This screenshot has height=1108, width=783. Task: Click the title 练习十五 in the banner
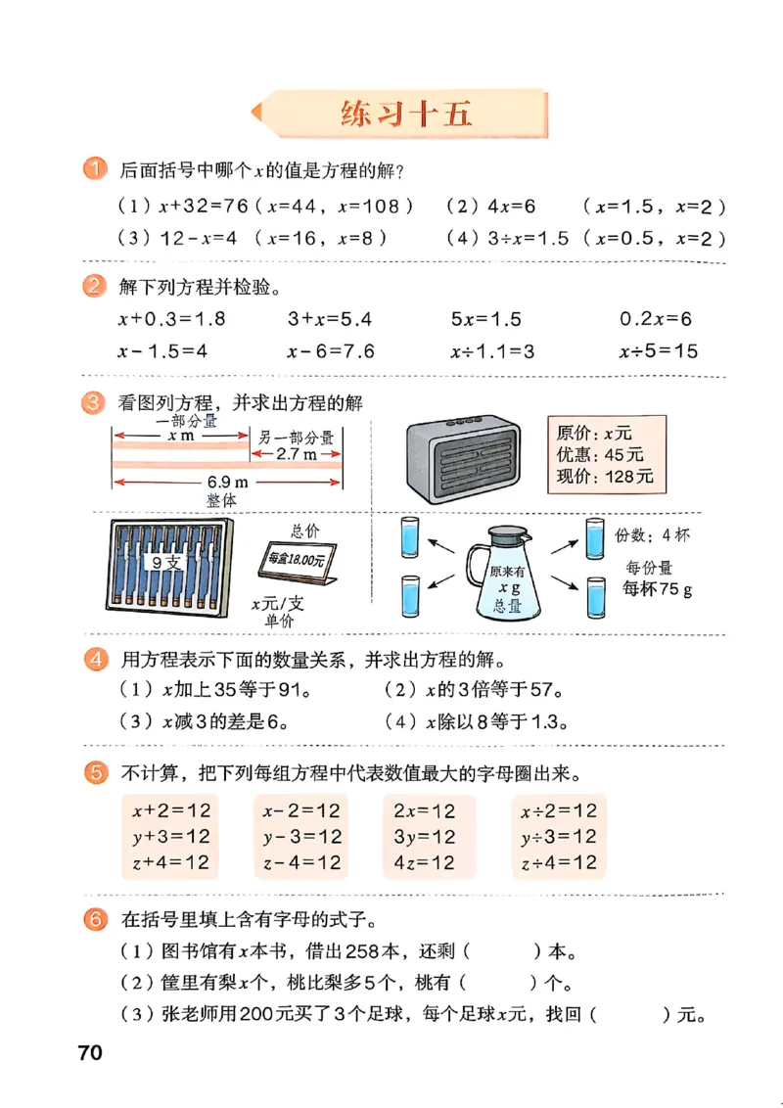406,114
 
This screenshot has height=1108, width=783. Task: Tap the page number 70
90,1053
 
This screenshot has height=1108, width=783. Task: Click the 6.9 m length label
225,483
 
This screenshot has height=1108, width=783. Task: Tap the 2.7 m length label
297,454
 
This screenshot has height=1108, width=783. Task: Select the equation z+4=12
170,862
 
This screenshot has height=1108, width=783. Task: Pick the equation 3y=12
424,837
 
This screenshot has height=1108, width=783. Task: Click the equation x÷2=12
558,810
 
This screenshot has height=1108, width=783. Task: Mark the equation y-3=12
301,837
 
